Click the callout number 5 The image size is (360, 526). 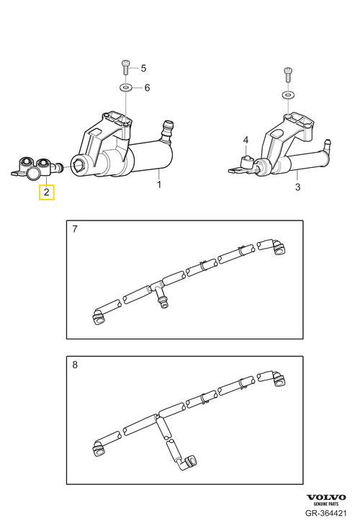tap(143, 68)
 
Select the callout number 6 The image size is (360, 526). tap(147, 88)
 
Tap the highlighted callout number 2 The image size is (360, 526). tap(47, 192)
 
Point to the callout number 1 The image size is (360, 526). tap(159, 184)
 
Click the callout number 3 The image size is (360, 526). tap(298, 187)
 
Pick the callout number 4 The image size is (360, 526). tap(246, 140)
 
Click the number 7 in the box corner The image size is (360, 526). tap(75, 229)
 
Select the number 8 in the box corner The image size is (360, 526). tap(75, 365)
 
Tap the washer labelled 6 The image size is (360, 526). tap(126, 88)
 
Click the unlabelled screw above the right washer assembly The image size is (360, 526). tap(288, 74)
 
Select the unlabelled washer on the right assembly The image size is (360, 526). tap(288, 95)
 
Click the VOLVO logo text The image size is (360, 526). tap(326, 497)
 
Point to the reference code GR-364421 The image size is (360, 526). tap(325, 513)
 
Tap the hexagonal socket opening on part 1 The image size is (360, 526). tap(78, 164)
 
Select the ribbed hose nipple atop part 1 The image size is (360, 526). tap(166, 132)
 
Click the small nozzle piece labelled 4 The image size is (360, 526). tap(247, 163)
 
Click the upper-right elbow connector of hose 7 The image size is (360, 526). tap(276, 246)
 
